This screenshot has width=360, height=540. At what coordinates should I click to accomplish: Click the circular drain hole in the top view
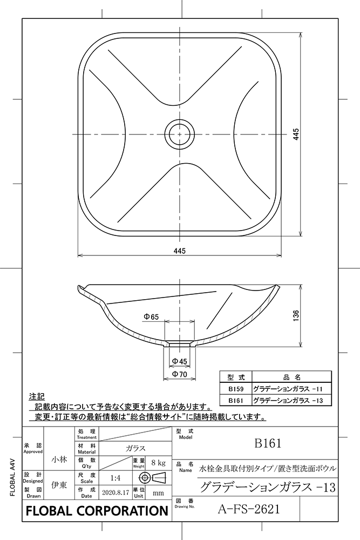pyautogui.click(x=180, y=133)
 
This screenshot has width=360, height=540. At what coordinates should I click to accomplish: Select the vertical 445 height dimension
pyautogui.click(x=296, y=134)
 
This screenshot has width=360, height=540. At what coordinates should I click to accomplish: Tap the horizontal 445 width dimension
pyautogui.click(x=180, y=250)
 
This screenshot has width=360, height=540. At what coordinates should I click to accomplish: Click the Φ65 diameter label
pyautogui.click(x=151, y=318)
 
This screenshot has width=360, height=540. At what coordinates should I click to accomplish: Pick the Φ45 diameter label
pyautogui.click(x=180, y=361)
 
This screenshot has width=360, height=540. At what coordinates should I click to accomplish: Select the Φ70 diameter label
pyautogui.click(x=180, y=374)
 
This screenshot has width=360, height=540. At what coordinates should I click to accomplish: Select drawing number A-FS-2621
pyautogui.click(x=250, y=508)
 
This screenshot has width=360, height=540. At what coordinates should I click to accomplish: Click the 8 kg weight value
pyautogui.click(x=158, y=463)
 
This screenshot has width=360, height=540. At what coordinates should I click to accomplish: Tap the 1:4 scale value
pyautogui.click(x=115, y=478)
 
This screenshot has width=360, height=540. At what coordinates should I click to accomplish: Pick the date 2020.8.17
pyautogui.click(x=115, y=493)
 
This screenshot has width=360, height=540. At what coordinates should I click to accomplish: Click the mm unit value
pyautogui.click(x=158, y=493)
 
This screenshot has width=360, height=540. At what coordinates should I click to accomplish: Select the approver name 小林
pyautogui.click(x=59, y=460)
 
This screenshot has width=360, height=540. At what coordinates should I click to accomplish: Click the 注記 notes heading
pyautogui.click(x=38, y=396)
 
